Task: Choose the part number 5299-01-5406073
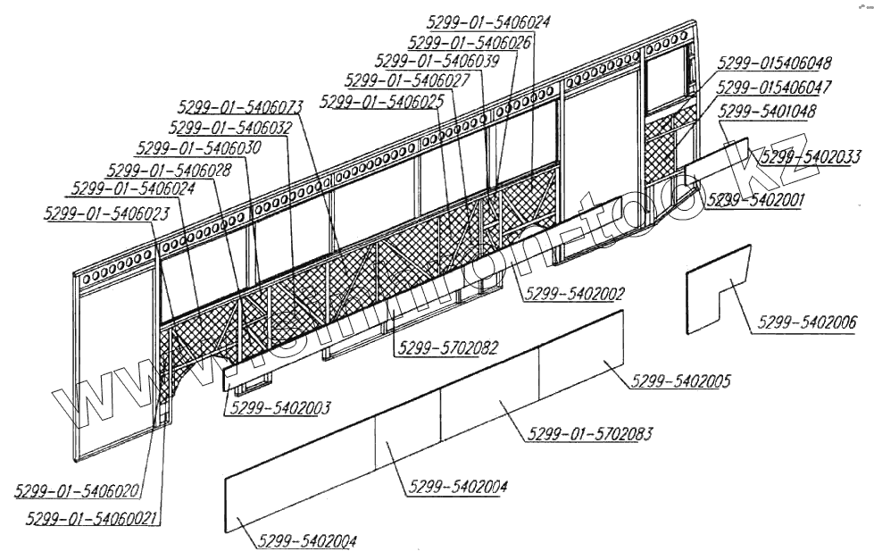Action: point(239,106)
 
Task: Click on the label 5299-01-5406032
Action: point(230,127)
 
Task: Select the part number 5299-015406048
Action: point(774,64)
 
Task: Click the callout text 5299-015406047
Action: point(774,88)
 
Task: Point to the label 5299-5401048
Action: point(766,112)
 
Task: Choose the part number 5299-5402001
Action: point(754,201)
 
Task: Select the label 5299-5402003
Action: point(280,407)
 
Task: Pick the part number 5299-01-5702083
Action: point(589,435)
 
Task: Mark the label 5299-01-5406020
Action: point(77,491)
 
